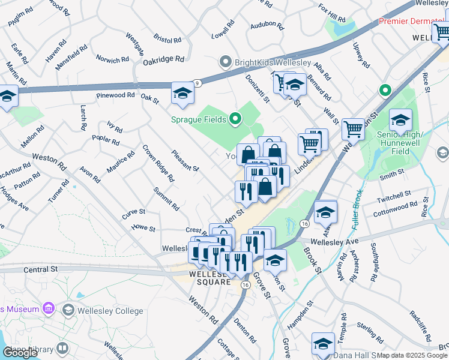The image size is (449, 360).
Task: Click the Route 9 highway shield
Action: coord(198,83)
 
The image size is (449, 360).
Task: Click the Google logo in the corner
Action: coord(20,352)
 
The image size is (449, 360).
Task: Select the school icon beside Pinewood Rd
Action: coord(183,94)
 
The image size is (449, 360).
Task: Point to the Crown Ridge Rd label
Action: coord(158,163)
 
